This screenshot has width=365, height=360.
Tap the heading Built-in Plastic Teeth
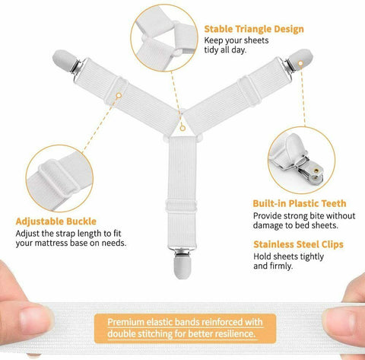coord(300,203)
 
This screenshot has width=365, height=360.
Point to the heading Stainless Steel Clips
coord(298,244)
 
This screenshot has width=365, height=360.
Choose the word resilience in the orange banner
coord(231,333)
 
